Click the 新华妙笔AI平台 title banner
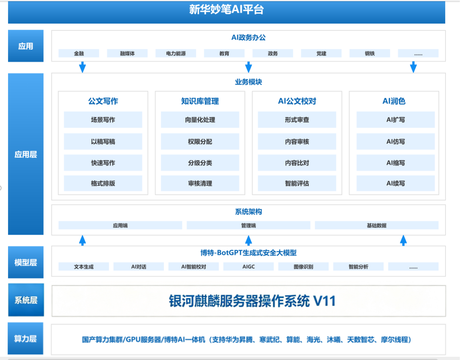point(226,12)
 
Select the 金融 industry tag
point(79,53)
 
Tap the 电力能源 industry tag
point(176,53)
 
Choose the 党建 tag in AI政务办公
point(321,53)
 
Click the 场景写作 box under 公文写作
point(103,120)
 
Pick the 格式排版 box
point(103,183)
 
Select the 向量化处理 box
point(200,120)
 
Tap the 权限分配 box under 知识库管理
point(200,142)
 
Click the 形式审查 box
point(297,120)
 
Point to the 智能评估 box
point(297,183)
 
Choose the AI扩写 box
point(395,120)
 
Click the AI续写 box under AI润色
point(395,183)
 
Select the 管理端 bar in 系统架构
point(248,225)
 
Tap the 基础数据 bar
point(377,225)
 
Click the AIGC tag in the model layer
point(248,267)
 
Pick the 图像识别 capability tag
point(303,267)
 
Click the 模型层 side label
point(26,262)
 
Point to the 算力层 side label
point(26,339)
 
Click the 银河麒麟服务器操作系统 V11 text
point(252,301)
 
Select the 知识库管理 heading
point(200,101)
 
